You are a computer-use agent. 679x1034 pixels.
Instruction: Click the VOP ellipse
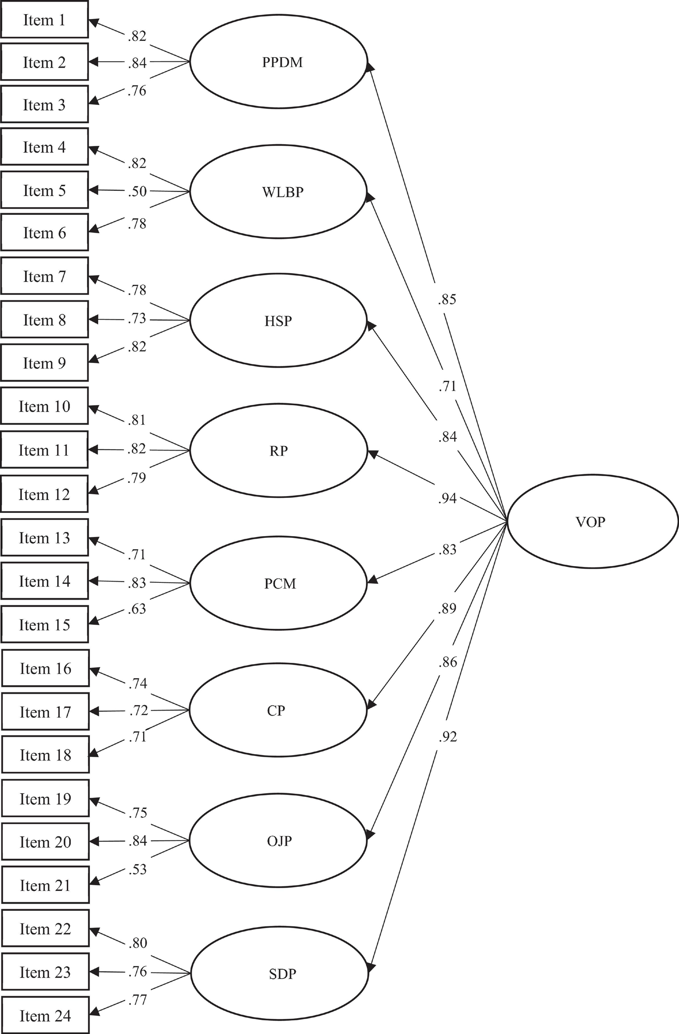click(592, 522)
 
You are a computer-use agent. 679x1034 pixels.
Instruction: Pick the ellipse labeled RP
click(278, 450)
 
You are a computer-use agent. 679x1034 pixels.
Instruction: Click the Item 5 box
click(44, 190)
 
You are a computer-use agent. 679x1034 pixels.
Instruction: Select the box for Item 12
click(44, 494)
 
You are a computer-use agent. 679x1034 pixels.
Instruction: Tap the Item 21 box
click(45, 885)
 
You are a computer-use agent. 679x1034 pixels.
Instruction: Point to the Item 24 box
click(45, 1015)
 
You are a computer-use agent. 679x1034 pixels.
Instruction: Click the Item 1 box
click(44, 20)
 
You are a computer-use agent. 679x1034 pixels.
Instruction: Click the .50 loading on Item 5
click(137, 191)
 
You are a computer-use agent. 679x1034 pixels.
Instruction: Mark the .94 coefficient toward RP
click(447, 498)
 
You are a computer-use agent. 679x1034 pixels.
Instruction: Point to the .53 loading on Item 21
click(138, 869)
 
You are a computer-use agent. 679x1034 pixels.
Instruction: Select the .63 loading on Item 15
click(137, 608)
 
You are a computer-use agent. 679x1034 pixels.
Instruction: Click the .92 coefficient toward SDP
click(448, 736)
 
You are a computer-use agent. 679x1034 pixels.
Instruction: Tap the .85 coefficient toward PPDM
click(447, 299)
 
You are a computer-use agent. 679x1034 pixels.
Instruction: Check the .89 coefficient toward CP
click(447, 608)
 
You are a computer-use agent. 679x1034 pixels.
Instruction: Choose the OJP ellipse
click(278, 840)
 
